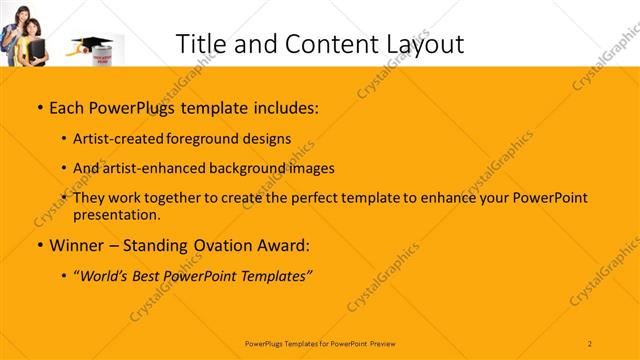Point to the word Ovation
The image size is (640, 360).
click(219, 244)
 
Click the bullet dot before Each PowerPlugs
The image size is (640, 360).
click(39, 106)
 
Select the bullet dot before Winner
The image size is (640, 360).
click(39, 245)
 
